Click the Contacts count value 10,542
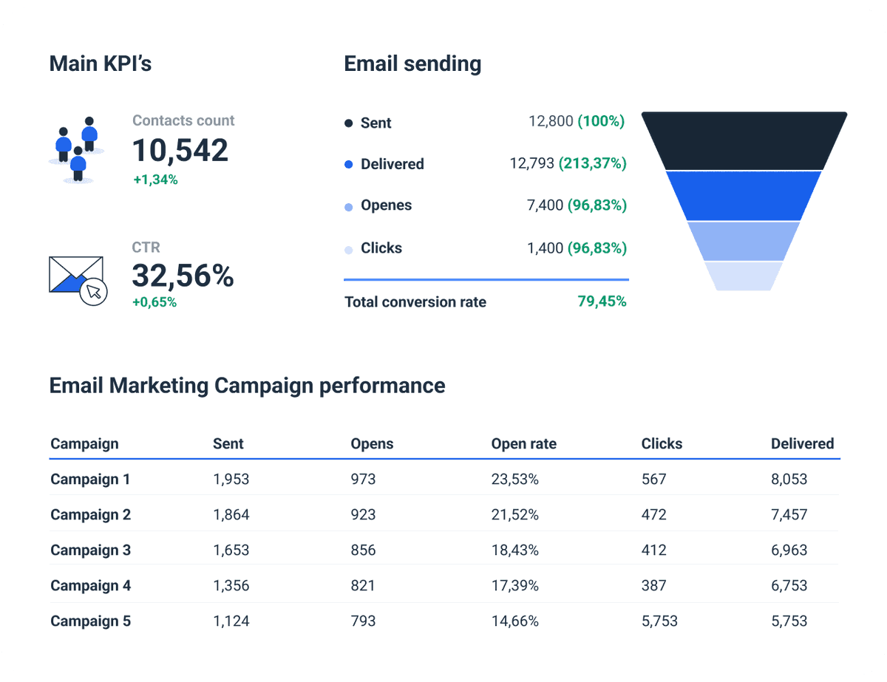point(180,150)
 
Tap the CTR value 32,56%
point(183,276)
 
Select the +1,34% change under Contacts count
point(155,180)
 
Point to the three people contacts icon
point(77,149)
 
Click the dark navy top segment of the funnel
point(744,140)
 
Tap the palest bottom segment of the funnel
point(744,276)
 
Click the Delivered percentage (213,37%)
point(593,163)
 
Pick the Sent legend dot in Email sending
point(349,123)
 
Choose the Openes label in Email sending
point(386,205)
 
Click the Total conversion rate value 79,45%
point(602,301)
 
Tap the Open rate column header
point(523,444)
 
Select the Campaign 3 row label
point(90,550)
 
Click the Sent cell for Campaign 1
point(231,480)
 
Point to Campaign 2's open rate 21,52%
point(514,515)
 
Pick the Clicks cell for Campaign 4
point(653,586)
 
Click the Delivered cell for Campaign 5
point(789,621)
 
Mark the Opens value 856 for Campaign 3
point(363,550)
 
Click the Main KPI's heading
point(100,64)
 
